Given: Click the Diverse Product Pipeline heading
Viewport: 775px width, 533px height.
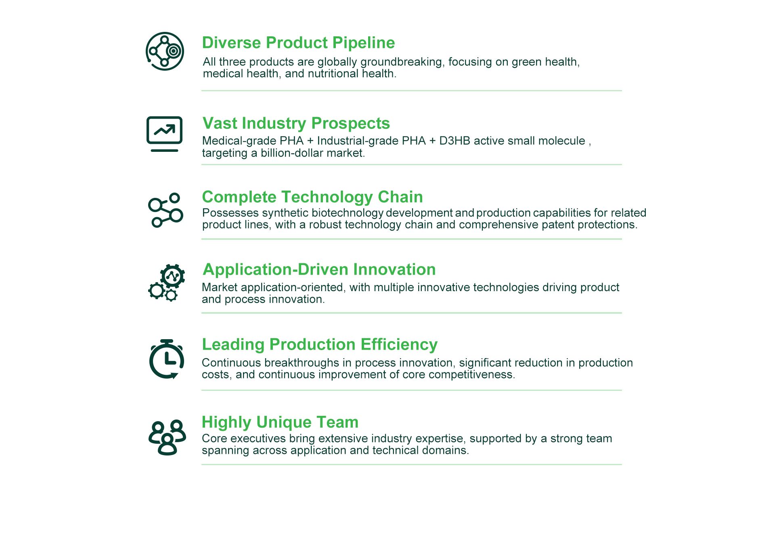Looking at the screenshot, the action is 298,43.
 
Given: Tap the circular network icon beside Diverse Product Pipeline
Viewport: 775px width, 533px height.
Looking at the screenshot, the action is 165,51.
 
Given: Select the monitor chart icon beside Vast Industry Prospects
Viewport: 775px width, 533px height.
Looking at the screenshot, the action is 164,134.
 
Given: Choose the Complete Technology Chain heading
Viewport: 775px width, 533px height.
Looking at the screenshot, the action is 312,197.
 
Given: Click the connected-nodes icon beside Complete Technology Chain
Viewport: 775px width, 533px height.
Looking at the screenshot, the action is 165,210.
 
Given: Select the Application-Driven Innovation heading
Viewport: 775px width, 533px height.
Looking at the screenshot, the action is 319,269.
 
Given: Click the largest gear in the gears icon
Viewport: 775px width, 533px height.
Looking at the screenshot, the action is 173,276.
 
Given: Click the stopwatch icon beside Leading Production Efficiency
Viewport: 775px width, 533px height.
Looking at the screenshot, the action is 167,359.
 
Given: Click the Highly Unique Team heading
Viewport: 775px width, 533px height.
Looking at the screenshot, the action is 280,422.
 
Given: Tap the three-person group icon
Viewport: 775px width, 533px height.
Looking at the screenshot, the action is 167,438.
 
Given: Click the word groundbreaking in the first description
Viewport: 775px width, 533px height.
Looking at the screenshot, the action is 402,62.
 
